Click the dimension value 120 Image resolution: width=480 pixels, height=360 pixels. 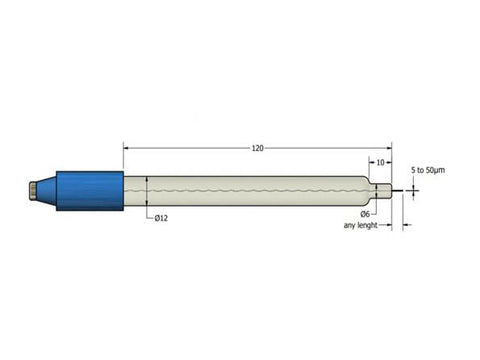[257, 148]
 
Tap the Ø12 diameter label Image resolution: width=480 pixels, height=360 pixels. [161, 217]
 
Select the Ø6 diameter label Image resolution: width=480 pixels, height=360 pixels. [366, 214]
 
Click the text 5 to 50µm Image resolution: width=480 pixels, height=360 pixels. [428, 170]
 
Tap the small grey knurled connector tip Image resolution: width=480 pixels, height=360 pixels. [36, 190]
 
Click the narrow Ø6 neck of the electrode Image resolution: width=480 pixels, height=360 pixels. [381, 190]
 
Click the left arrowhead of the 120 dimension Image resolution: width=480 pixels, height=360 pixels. [127, 148]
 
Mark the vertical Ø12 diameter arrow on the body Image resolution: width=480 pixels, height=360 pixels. [147, 190]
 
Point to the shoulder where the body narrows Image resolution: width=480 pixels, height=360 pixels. [366, 190]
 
